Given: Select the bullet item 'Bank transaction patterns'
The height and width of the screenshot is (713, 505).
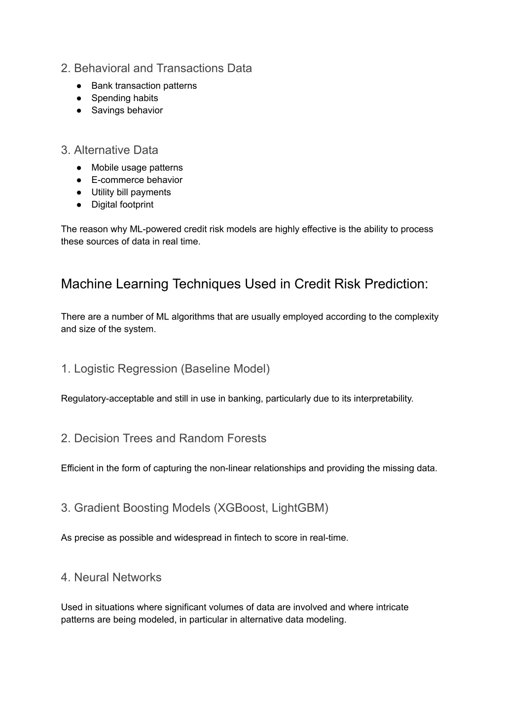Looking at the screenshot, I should click(x=144, y=86).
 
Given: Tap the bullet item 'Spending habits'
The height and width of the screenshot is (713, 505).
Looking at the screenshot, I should click(x=124, y=98).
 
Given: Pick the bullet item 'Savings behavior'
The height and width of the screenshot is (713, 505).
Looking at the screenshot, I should click(x=127, y=110).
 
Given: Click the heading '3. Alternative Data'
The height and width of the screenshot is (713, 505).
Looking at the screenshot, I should click(x=109, y=150).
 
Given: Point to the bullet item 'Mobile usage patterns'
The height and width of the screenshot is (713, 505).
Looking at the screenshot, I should click(x=137, y=168).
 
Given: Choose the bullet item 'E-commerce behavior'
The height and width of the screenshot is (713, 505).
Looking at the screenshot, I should click(x=137, y=180).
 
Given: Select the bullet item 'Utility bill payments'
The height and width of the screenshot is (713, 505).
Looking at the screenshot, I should click(x=131, y=192).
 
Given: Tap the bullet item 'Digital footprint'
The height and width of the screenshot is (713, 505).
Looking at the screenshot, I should click(x=122, y=205).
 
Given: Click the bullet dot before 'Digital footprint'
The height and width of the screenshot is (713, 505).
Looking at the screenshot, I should click(x=79, y=205).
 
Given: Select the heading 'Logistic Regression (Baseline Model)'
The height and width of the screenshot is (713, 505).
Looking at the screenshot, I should click(x=165, y=369).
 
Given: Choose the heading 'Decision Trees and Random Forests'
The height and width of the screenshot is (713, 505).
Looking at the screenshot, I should click(x=163, y=438).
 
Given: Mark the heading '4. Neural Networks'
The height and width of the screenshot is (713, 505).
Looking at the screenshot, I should click(x=111, y=577).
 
